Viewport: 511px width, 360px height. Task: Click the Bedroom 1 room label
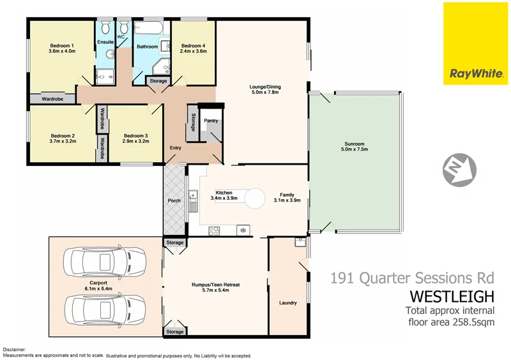click(63, 45)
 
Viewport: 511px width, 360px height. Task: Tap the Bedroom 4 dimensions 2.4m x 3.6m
click(194, 52)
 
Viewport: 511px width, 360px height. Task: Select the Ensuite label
click(105, 42)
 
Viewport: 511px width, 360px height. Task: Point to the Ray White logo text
click(476, 73)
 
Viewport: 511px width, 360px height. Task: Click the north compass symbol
click(460, 169)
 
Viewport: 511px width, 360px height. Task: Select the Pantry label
click(211, 120)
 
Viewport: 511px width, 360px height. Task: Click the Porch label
click(174, 200)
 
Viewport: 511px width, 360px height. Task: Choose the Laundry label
click(287, 303)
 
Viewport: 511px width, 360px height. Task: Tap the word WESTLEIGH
click(452, 297)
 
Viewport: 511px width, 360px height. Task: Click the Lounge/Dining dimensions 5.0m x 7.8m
click(265, 93)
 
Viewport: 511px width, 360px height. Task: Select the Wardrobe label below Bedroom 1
click(52, 99)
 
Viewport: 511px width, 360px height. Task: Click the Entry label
click(176, 148)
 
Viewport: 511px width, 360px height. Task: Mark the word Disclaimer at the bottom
click(15, 350)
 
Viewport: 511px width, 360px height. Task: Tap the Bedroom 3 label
click(136, 135)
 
